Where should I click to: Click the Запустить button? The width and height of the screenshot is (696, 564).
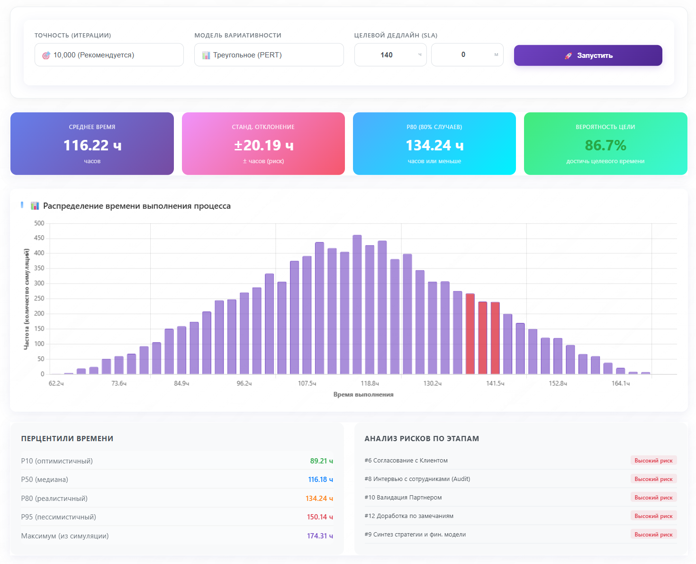coord(588,55)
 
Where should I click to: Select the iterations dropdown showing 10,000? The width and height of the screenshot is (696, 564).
coord(109,55)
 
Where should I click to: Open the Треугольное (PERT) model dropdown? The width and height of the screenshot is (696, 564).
coord(269,55)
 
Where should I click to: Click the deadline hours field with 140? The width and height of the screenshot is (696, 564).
coord(389,55)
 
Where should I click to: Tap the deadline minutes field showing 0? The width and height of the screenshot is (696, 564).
coord(466,55)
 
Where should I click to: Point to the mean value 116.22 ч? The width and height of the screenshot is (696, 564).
coord(92,145)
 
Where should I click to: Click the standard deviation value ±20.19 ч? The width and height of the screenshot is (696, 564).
coord(263,145)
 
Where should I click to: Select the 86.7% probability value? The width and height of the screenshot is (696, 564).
coord(605,145)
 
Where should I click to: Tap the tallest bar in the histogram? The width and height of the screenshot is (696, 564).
coord(357,304)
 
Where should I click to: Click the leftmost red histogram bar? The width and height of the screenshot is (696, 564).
coord(470,334)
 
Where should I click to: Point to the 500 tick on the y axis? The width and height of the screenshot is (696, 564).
coord(39,223)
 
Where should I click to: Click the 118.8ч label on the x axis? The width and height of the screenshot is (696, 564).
coord(370,383)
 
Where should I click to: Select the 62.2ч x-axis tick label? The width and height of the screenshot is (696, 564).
coord(56,383)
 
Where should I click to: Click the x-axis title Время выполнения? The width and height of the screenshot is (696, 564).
coord(363,395)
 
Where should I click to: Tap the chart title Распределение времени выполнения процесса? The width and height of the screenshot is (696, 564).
coord(136,206)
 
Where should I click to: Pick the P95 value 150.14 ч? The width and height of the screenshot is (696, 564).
coord(320,517)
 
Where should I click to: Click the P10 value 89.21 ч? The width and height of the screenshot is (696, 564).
coord(321,461)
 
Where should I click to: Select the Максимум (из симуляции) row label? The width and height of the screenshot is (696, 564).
coord(65,536)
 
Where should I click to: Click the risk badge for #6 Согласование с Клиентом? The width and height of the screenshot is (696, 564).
coord(653,461)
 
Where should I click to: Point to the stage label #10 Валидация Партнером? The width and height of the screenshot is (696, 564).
coord(403,498)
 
